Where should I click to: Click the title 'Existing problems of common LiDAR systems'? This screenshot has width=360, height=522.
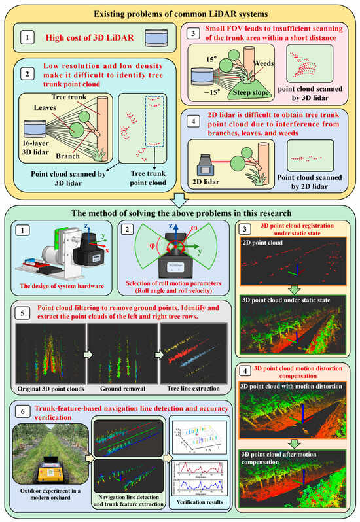179,13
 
